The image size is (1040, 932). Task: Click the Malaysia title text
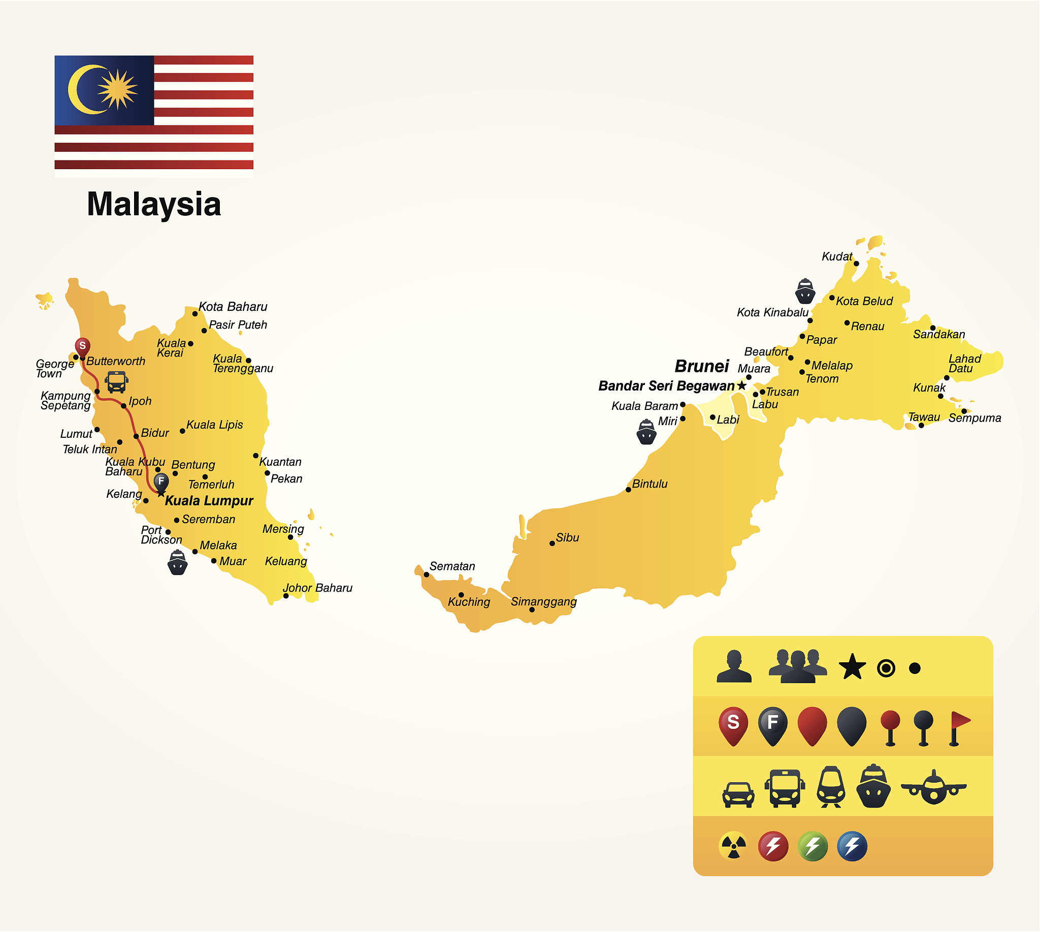coord(154,204)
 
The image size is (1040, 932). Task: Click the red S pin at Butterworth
coord(82,347)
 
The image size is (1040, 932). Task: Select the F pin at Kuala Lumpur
coord(161,482)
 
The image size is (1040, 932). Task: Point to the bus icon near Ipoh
coord(116,382)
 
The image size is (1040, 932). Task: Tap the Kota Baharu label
coord(233,307)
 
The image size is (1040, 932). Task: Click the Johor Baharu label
coord(317,588)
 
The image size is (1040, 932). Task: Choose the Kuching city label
coord(469,602)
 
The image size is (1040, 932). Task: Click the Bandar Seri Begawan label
coord(666,386)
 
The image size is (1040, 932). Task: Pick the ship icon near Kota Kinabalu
coord(805,292)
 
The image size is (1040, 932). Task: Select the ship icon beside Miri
coord(646,432)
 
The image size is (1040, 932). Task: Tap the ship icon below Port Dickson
coord(178,562)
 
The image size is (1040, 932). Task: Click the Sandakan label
coord(938,334)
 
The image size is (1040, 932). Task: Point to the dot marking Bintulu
coord(628,490)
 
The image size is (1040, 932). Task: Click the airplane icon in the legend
coord(933,787)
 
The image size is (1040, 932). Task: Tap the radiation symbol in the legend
coord(733,846)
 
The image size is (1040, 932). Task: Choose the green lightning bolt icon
coord(812,846)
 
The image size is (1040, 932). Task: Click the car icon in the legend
coord(738,794)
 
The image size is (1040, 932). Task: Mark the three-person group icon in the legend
coord(798,666)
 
